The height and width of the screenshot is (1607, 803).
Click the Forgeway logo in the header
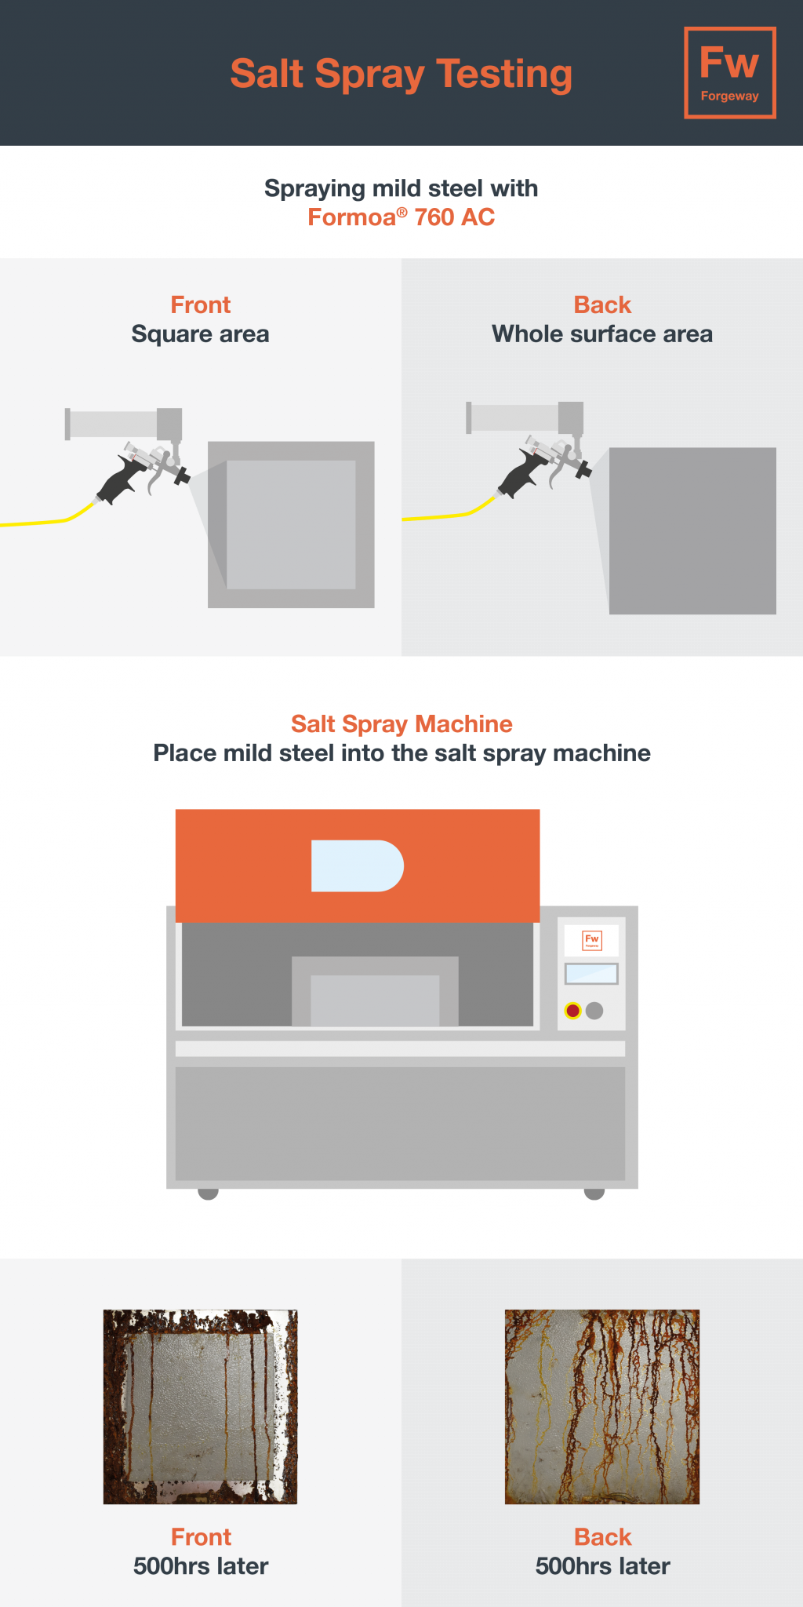730,73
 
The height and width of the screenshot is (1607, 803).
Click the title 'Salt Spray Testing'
401,75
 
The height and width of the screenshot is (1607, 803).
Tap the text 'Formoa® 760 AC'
401,217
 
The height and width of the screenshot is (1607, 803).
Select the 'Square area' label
200,334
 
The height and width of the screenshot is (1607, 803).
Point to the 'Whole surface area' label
602,334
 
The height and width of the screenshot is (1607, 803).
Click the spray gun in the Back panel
547,463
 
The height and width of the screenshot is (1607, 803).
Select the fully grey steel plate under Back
692,530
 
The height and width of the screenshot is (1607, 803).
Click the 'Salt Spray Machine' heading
401,723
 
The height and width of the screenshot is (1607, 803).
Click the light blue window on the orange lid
358,865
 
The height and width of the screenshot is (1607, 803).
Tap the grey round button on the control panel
594,1011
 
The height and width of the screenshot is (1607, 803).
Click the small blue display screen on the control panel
591,974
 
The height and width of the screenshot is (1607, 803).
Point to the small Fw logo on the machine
592,939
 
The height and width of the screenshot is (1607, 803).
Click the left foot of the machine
208,1193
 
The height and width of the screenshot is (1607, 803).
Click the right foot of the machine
594,1193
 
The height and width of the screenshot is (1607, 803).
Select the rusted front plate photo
201,1406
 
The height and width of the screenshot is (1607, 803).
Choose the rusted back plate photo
602,1406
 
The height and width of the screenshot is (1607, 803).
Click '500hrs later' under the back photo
602,1566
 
